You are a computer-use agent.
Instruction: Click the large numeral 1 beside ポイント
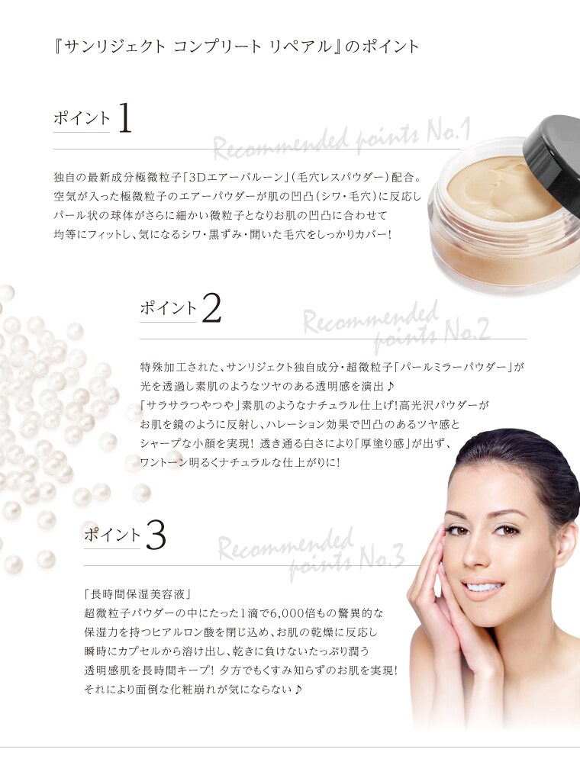click(124, 118)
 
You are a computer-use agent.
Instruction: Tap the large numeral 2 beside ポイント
click(211, 307)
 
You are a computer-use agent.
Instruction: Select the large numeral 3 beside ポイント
click(156, 535)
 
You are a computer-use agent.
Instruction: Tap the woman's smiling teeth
click(483, 587)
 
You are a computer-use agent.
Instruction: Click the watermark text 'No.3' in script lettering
click(382, 559)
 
